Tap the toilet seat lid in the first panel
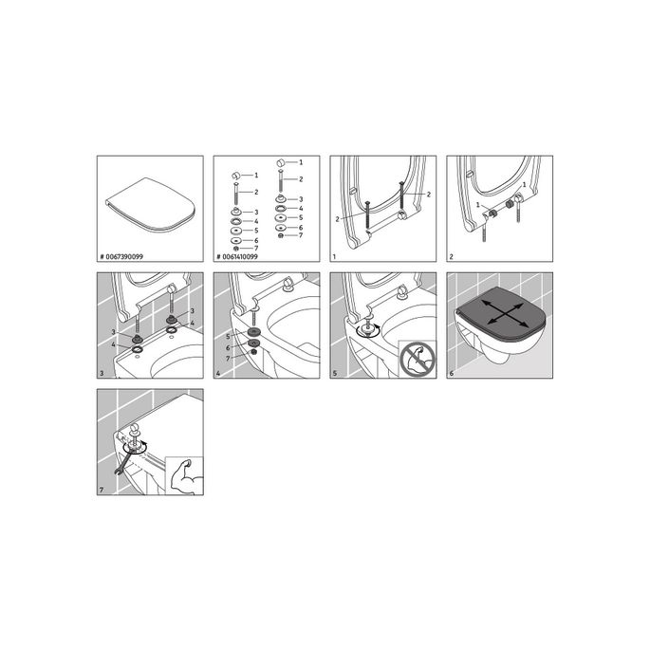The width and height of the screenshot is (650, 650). [x=145, y=201]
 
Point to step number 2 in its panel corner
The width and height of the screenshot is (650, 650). [x=451, y=257]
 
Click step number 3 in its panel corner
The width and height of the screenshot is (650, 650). [x=102, y=373]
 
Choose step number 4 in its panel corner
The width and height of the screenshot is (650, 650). [x=219, y=373]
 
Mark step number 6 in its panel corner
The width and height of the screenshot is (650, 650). [x=452, y=373]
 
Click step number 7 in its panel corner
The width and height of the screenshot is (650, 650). [x=102, y=490]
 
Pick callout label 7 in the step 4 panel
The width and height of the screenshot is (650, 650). [x=229, y=358]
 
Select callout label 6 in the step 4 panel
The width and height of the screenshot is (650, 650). [x=229, y=347]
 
